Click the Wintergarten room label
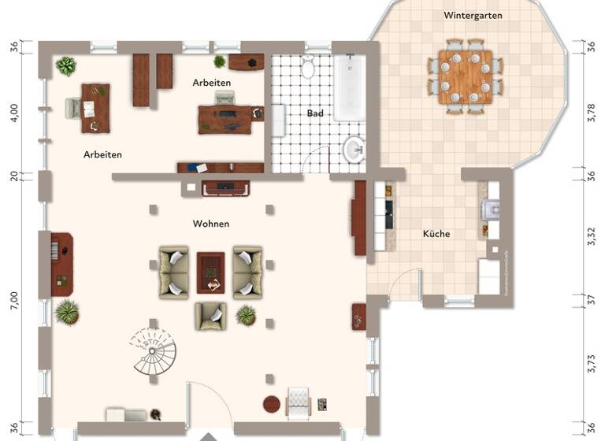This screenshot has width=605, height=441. point(473,15)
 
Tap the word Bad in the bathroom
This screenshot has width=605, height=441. point(315,113)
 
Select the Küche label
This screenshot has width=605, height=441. point(436,234)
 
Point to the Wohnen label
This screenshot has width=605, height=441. point(211,224)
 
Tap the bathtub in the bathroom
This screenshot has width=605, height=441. point(348,88)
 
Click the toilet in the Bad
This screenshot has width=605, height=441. point(308,68)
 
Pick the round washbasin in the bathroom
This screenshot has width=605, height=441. point(354,147)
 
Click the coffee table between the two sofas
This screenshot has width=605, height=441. point(210,271)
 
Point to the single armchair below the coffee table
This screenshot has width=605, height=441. point(210,315)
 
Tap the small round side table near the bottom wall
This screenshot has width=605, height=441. point(271,405)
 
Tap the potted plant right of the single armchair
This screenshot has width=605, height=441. point(246,316)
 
